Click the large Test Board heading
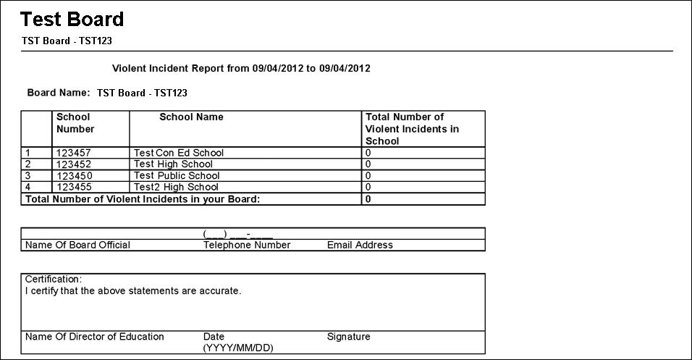pyautogui.click(x=72, y=20)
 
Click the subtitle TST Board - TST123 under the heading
pyautogui.click(x=67, y=41)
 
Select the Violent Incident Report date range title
pyautogui.click(x=242, y=69)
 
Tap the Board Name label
pyautogui.click(x=58, y=93)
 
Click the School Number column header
pyautogui.click(x=75, y=123)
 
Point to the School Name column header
pyautogui.click(x=191, y=117)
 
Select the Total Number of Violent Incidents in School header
pyautogui.click(x=413, y=129)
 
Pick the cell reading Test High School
pyautogui.click(x=173, y=164)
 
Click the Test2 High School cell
pyautogui.click(x=176, y=187)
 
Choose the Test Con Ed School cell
pyautogui.click(x=179, y=153)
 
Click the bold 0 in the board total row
pyautogui.click(x=368, y=198)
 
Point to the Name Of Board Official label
pyautogui.click(x=77, y=245)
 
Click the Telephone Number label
pyautogui.click(x=247, y=245)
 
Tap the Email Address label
pyautogui.click(x=360, y=245)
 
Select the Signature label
pyautogui.click(x=348, y=337)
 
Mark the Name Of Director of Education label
pyautogui.click(x=95, y=337)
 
